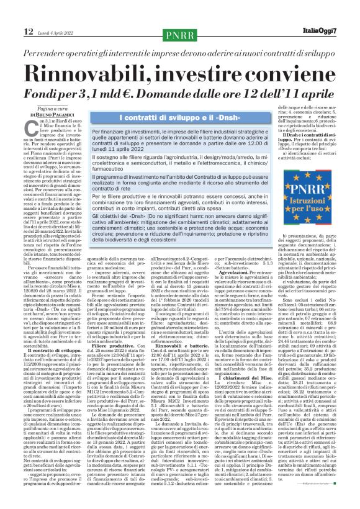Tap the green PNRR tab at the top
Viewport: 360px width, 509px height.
(x=179, y=34)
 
